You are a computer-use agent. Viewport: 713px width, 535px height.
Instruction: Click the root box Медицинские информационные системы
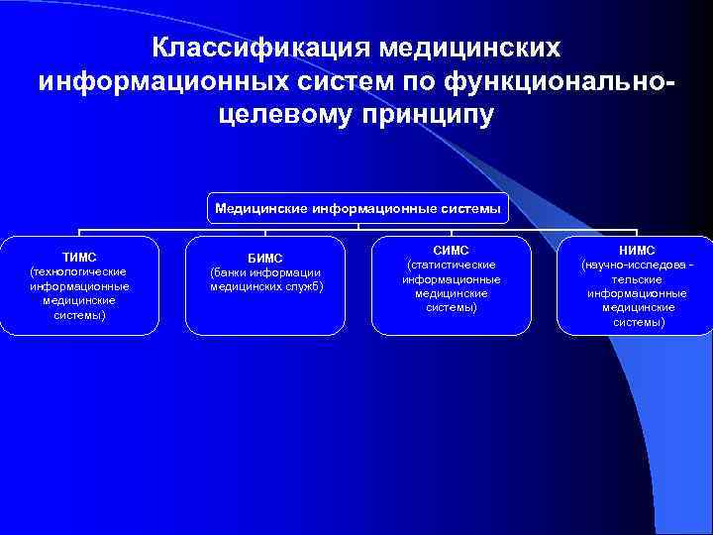pos(357,209)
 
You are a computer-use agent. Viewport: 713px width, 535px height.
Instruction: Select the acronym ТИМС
pos(79,257)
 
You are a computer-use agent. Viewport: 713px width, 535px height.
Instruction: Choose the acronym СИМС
pos(451,251)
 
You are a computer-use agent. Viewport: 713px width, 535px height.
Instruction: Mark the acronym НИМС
pos(636,251)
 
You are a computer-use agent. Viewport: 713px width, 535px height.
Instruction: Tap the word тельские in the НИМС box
pos(636,279)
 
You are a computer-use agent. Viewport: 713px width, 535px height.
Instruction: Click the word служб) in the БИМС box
pos(305,287)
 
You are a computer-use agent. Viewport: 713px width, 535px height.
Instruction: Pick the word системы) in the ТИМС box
pos(79,315)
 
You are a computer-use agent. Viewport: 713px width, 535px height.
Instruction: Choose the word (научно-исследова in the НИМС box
pos(631,266)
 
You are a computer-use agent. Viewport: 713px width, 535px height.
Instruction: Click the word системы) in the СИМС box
pos(451,308)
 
